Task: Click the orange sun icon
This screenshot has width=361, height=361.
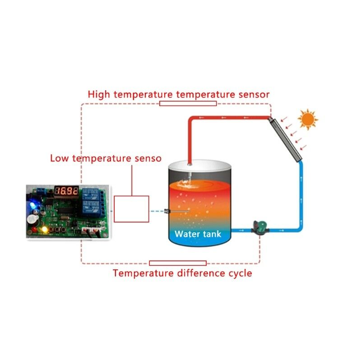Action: (308, 120)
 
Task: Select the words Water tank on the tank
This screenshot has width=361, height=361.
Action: (198, 234)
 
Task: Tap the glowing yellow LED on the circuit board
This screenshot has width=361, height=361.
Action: (45, 230)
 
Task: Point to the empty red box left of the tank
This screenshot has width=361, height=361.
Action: (131, 209)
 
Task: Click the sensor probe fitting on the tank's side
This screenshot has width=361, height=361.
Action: (167, 210)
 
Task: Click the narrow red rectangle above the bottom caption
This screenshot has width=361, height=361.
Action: (177, 263)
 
